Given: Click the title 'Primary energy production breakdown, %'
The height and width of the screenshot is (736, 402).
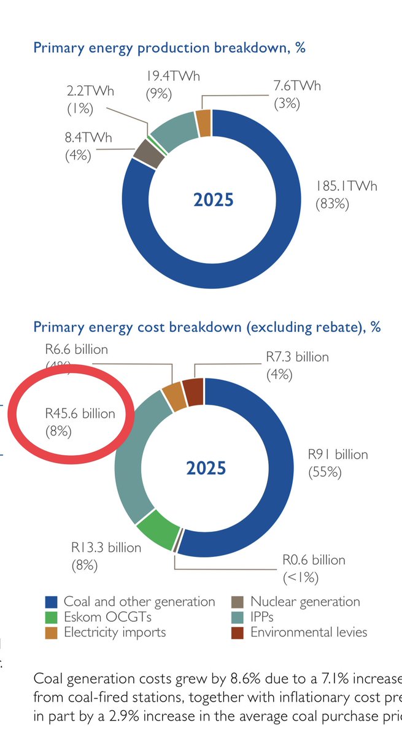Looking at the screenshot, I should tap(169, 48).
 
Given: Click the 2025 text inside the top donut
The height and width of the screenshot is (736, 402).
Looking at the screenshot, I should tap(213, 200).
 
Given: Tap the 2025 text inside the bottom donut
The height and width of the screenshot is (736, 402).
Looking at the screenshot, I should tap(206, 469).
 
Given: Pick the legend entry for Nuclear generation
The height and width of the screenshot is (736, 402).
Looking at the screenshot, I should tap(305, 602).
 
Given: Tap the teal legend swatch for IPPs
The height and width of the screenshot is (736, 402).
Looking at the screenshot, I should tap(236, 616).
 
